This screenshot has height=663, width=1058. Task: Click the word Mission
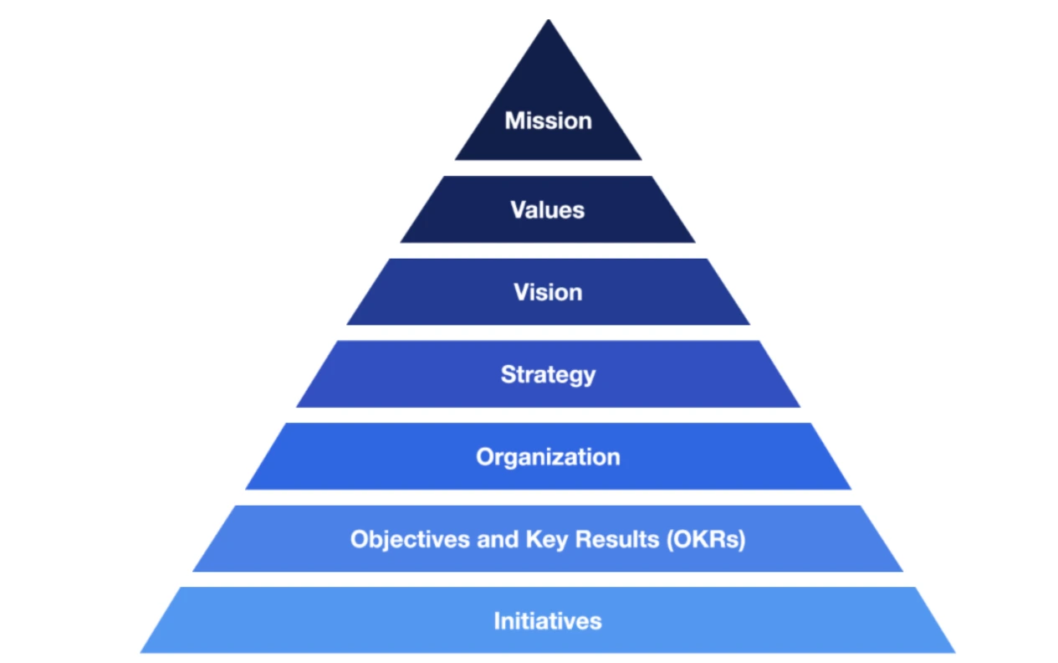click(x=548, y=121)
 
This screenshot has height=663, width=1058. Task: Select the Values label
click(x=548, y=209)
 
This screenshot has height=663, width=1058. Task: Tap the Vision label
click(x=548, y=292)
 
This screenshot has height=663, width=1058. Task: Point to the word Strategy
click(x=548, y=374)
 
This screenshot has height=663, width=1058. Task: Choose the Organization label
click(x=548, y=457)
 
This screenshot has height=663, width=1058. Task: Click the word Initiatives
click(x=548, y=621)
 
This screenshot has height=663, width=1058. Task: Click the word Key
click(x=546, y=539)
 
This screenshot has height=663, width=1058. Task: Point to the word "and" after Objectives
click(x=498, y=539)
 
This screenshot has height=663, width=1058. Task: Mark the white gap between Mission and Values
click(x=548, y=167)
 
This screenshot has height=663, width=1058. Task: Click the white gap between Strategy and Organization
click(x=548, y=414)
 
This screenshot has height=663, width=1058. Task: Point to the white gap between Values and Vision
click(x=548, y=250)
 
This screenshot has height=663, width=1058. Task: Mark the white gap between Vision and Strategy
click(x=548, y=332)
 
